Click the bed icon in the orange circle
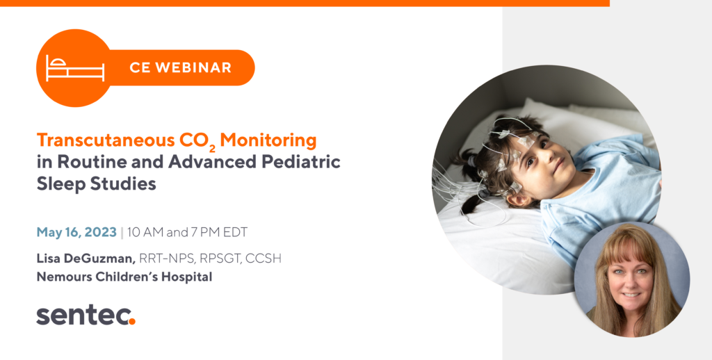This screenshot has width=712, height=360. (74, 68)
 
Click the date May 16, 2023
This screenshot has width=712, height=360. (76, 232)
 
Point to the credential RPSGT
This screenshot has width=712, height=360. (218, 259)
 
